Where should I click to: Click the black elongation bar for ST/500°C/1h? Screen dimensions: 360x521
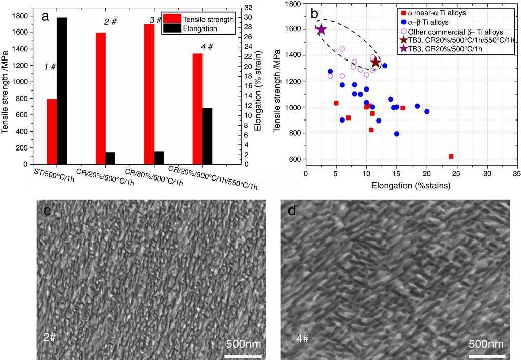(x=62, y=91)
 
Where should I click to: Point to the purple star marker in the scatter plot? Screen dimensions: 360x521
(x=321, y=30)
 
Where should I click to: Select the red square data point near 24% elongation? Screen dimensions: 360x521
(x=451, y=156)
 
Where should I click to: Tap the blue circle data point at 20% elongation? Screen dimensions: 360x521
(x=427, y=111)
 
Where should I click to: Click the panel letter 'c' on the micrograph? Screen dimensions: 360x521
(x=46, y=209)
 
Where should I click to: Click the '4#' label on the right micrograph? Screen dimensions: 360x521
(x=303, y=337)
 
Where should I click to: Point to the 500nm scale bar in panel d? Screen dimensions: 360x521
(x=486, y=355)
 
